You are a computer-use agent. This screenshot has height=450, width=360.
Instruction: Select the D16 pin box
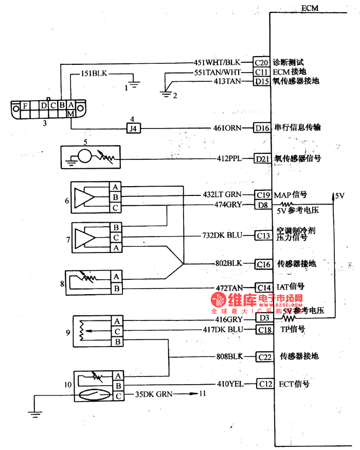tap(262, 128)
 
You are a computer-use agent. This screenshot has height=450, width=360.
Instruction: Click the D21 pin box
tap(262, 159)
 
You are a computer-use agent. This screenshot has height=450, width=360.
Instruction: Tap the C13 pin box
tap(263, 236)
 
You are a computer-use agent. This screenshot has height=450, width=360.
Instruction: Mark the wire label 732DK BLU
tap(221, 236)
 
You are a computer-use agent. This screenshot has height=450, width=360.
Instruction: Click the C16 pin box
tap(263, 264)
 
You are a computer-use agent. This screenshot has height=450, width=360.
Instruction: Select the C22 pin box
tap(264, 356)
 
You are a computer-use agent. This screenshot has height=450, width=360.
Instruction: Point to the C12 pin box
tap(264, 384)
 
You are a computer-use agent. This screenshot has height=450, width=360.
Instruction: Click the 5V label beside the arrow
tap(339, 196)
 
